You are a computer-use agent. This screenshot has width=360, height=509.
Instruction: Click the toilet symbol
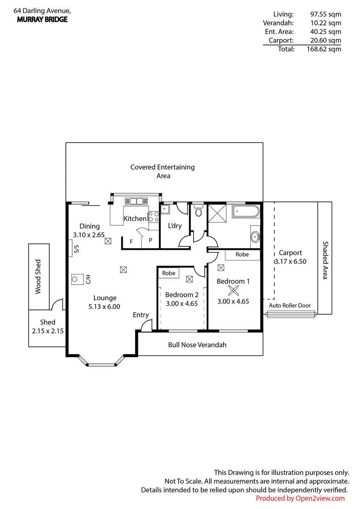[x=199, y=211]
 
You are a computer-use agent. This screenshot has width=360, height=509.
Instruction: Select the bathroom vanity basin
[x=256, y=237]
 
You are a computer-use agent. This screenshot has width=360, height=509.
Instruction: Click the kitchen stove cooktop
[x=154, y=217]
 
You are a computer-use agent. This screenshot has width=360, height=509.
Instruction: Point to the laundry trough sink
[x=165, y=209]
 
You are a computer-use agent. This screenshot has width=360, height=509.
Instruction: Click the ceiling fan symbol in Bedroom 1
[x=233, y=291]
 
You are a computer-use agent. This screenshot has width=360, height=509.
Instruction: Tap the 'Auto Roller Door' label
[x=290, y=305]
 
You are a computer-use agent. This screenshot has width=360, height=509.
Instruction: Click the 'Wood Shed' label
[x=38, y=277]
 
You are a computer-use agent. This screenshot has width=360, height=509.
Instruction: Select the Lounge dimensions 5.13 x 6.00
[x=104, y=307]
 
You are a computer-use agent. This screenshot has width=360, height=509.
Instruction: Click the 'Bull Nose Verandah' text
[x=197, y=345]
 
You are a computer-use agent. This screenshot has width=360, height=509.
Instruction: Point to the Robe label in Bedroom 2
[x=169, y=273]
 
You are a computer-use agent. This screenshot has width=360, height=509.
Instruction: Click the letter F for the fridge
[x=131, y=242]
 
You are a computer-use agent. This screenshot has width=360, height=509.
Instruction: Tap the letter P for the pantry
[x=150, y=240]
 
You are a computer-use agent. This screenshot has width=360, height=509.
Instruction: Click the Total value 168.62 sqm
[x=324, y=49]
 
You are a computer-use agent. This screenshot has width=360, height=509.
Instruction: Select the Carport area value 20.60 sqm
[x=326, y=40]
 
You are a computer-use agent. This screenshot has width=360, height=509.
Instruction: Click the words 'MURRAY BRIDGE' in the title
[x=42, y=20]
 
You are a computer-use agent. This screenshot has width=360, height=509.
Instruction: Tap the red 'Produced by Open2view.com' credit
[x=300, y=498]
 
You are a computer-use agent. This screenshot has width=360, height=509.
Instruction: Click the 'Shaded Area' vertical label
[x=326, y=260]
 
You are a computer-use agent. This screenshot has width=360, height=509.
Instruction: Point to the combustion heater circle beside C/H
[x=75, y=279]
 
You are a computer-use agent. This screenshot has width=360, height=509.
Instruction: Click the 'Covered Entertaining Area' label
[x=163, y=171]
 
